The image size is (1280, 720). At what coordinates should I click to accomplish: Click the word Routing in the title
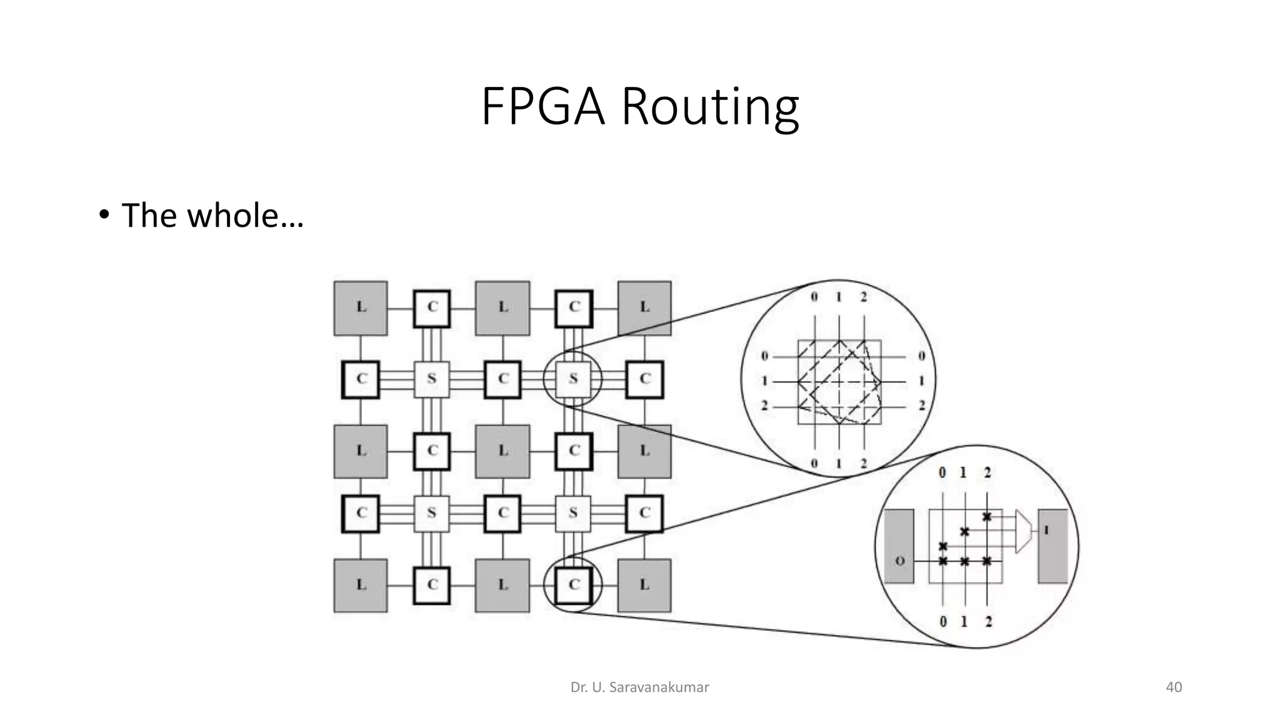[x=710, y=107]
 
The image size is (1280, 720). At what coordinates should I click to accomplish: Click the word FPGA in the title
[x=542, y=107]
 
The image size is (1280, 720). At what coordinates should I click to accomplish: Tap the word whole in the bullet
[x=232, y=216]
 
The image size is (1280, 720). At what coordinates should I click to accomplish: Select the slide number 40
[x=1174, y=687]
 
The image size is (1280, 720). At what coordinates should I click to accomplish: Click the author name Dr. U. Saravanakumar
[x=639, y=687]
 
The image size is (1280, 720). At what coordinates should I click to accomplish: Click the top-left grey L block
[x=361, y=307]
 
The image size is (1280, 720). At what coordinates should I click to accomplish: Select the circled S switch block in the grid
[x=573, y=379]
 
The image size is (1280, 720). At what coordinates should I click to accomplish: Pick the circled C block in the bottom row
[x=573, y=585]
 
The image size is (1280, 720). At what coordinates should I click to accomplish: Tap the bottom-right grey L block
[x=644, y=585]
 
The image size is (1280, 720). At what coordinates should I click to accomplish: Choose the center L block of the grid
[x=502, y=451]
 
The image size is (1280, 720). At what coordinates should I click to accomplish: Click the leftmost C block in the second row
[x=361, y=379]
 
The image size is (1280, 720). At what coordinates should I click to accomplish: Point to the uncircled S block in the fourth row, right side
[x=573, y=513]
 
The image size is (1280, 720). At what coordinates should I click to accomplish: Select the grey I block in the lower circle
[x=1052, y=546]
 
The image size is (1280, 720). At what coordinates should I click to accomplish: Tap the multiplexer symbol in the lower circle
[x=1022, y=531]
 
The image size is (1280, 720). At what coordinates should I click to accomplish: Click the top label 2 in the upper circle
[x=863, y=297]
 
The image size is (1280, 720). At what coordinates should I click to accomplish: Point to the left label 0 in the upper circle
[x=764, y=356]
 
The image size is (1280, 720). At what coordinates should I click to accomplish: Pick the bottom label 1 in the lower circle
[x=964, y=621]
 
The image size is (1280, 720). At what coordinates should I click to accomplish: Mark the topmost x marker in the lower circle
[x=986, y=517]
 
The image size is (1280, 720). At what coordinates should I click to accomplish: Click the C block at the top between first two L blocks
[x=432, y=307]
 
